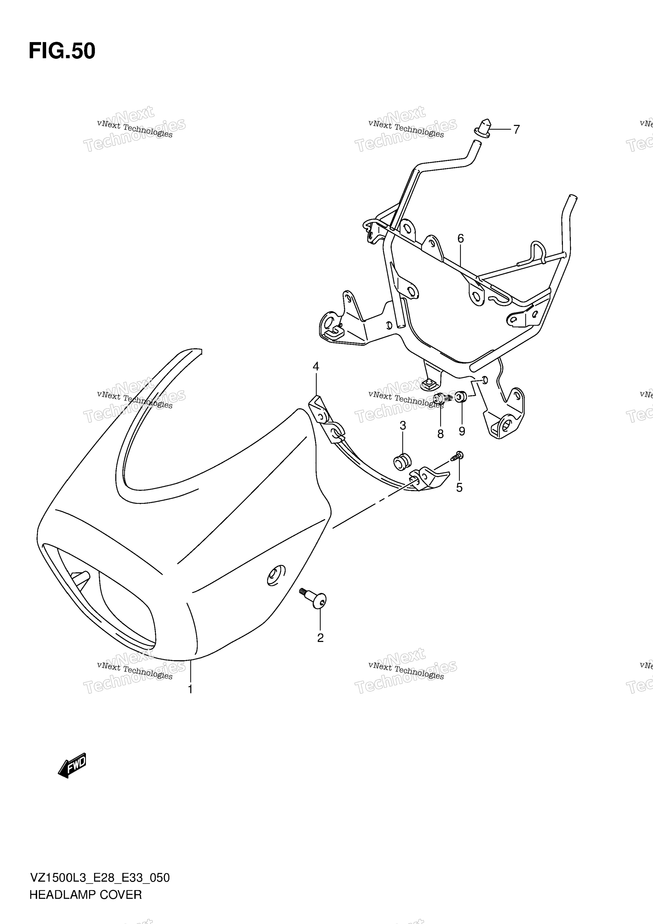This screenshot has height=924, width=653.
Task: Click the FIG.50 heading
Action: (x=62, y=51)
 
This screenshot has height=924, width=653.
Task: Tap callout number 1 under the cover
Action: (x=190, y=689)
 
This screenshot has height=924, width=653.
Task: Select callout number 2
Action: (x=320, y=638)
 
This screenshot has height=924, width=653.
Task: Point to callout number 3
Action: (x=316, y=366)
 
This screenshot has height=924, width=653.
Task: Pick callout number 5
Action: (x=461, y=239)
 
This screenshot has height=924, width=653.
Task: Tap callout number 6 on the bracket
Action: (x=517, y=130)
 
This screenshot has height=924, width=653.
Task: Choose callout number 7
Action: (x=441, y=434)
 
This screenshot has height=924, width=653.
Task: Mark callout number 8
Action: (x=462, y=431)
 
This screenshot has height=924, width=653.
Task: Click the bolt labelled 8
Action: (x=462, y=397)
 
